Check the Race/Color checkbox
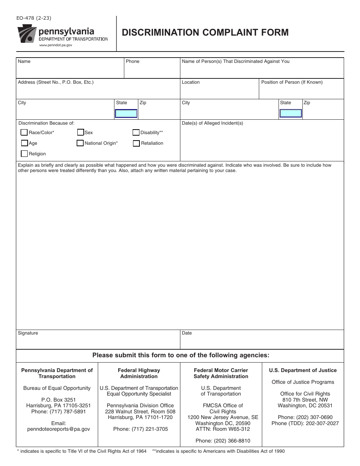(24, 133)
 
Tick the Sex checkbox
(80, 132)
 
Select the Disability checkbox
(136, 133)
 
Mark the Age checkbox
(24, 143)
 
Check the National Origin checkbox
(80, 143)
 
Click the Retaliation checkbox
(136, 143)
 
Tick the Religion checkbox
(24, 154)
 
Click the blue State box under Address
(126, 113)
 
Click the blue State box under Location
(291, 113)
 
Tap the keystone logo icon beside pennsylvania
(27, 34)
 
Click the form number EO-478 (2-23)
(34, 18)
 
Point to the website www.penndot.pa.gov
(56, 45)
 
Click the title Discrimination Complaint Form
(205, 33)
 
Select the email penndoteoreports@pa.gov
(59, 429)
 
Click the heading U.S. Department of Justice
(303, 371)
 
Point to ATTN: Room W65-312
(223, 429)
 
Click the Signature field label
(28, 333)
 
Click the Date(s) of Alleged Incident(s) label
(213, 123)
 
